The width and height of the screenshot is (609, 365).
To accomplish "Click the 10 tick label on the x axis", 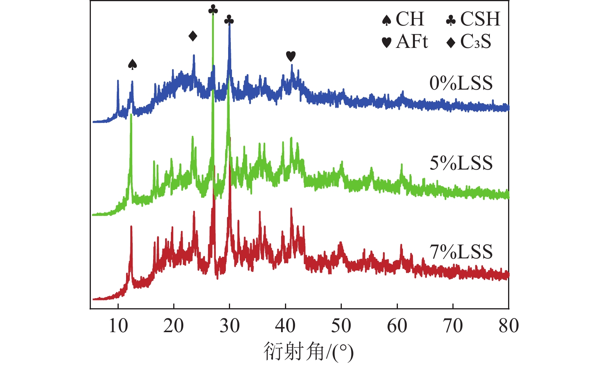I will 118,326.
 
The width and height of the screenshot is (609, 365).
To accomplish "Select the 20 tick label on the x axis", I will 174,326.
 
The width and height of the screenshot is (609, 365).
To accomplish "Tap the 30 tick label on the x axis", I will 230,326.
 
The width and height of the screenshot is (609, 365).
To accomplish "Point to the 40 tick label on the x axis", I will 285,326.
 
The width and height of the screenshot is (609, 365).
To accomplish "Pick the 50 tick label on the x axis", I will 341,326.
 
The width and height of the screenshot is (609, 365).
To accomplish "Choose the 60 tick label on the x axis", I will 397,326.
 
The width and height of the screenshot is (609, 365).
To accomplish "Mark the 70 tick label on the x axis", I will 453,326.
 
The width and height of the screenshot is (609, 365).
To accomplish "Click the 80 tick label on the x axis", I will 508,326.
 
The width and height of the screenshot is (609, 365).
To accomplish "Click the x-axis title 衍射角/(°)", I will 309,352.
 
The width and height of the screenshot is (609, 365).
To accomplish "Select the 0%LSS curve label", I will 461,83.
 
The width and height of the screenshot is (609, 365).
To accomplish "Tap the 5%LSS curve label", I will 461,163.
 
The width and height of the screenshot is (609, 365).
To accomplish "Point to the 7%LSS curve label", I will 461,252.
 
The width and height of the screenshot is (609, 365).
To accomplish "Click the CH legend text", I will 410,19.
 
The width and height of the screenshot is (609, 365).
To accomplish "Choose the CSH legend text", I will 480,19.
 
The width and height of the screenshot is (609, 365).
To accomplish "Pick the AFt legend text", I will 412,41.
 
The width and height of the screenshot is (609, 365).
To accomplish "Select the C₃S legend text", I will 476,42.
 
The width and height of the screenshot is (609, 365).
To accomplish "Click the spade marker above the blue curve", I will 133,65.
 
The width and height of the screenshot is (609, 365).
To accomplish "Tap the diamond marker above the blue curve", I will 193,36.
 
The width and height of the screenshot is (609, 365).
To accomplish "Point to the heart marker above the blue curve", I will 291,56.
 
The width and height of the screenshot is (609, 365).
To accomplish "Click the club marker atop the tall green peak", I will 213,10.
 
